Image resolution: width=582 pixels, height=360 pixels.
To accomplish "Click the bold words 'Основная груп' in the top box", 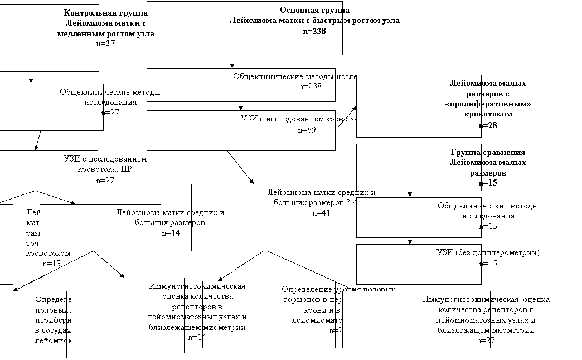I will [311, 10].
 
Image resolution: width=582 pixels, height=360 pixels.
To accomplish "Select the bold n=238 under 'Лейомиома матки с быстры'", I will [314, 31].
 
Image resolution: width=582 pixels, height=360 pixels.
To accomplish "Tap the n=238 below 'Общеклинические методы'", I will [310, 86].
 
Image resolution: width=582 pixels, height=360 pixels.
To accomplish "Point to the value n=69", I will [307, 130].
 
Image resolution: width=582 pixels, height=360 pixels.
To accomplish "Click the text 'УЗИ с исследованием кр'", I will [288, 119].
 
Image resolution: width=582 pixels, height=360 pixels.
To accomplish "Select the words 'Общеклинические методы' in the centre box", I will [283, 76].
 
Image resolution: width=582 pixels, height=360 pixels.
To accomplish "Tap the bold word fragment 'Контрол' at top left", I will [81, 13].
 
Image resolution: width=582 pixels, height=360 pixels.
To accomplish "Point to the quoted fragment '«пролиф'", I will [463, 104].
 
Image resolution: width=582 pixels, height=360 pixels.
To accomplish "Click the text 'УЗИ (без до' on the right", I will [458, 252].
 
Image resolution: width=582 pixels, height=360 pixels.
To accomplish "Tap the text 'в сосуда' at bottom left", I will [50, 330].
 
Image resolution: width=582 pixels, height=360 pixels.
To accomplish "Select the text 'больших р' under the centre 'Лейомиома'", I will [292, 203].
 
